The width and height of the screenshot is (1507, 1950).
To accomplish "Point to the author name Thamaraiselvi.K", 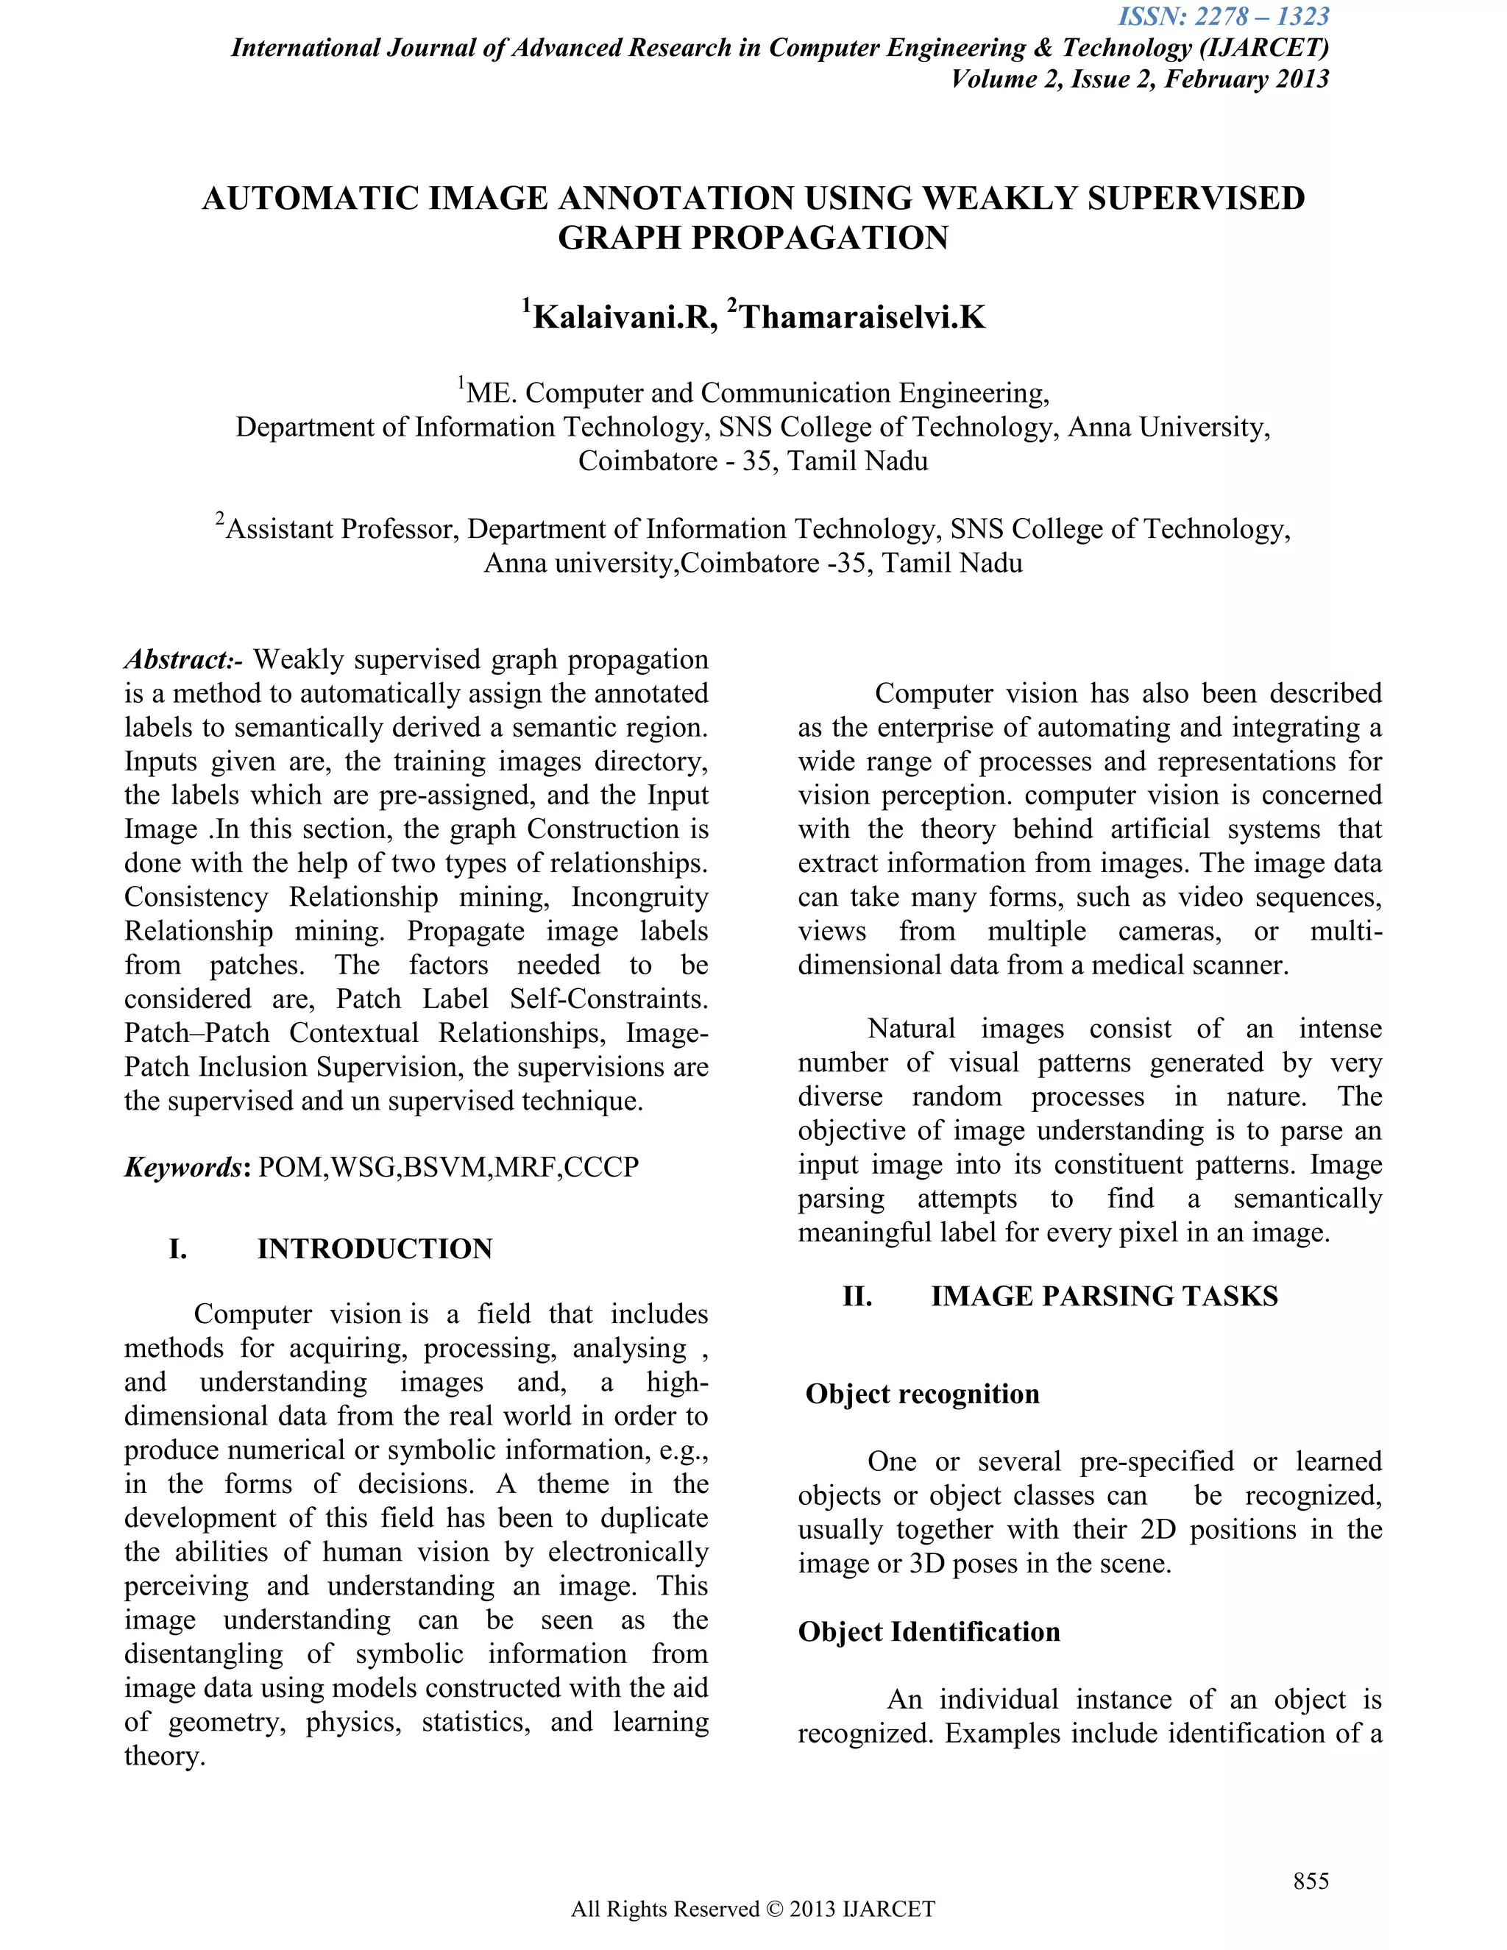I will tap(862, 317).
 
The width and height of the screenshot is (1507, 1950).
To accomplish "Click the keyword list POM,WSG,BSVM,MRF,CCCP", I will tap(448, 1167).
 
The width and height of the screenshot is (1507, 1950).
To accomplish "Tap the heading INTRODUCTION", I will tap(375, 1248).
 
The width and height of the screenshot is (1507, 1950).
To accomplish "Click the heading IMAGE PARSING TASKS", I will tap(1104, 1296).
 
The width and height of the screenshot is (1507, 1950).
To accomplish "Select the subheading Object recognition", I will tap(922, 1394).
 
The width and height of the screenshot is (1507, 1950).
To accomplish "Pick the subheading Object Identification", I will tap(929, 1631).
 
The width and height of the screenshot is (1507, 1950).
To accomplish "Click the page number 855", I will tap(1311, 1882).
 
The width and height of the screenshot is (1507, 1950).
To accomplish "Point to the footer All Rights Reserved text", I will tap(753, 1909).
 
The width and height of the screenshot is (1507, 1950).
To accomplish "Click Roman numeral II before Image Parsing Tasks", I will tap(857, 1296).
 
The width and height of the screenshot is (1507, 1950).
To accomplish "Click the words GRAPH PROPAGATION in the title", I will tap(753, 238).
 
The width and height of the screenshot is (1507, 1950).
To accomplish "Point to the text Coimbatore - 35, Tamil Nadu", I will tap(753, 461).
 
